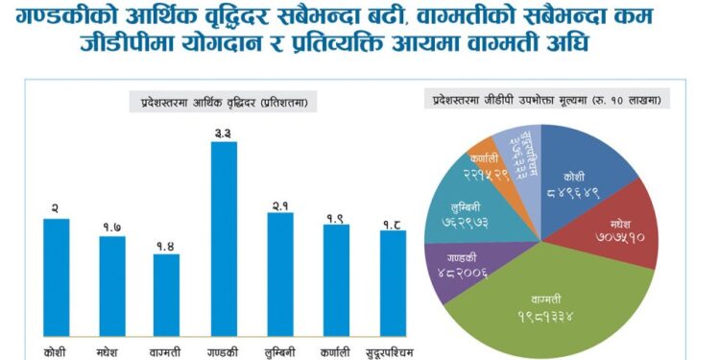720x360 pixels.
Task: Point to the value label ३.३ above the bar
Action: pyautogui.click(x=224, y=132)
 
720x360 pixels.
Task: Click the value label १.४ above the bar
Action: pyautogui.click(x=167, y=245)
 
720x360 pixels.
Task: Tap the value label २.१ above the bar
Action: pyautogui.click(x=279, y=204)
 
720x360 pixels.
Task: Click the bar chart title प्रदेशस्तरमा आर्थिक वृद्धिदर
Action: pyautogui.click(x=224, y=100)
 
